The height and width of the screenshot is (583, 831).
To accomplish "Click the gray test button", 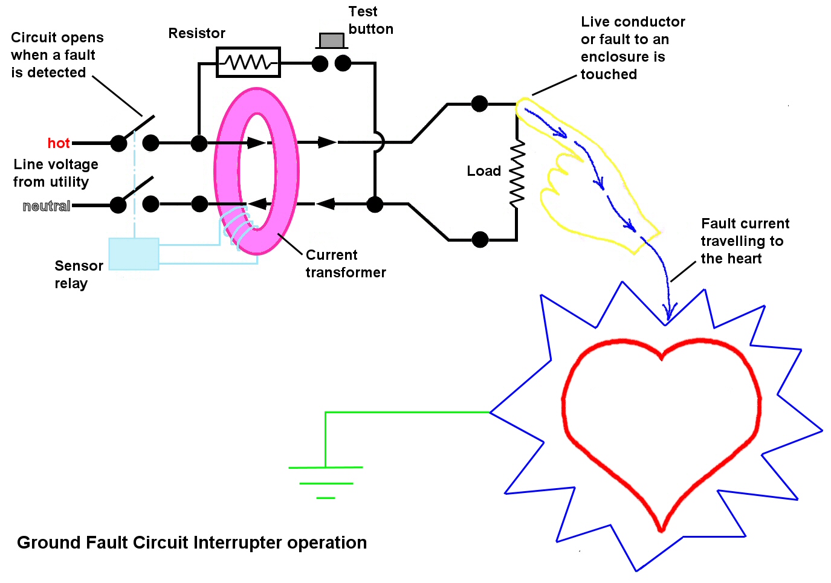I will point(331,40).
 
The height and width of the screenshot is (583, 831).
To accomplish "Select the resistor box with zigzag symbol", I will point(248,62).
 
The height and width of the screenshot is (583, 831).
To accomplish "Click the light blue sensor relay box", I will point(134,253).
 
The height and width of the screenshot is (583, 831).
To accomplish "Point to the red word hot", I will point(59,143).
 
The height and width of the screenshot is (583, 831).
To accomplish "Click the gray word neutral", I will point(47,206).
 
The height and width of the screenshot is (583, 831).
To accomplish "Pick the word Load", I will point(483,171).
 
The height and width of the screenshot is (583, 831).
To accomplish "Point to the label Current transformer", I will point(345,263).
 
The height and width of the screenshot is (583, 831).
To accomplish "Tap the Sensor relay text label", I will point(79,274).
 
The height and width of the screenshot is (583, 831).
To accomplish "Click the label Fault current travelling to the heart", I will point(745,241).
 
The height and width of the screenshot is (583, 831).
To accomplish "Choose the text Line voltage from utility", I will point(56,173).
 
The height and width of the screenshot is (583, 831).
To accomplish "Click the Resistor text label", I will point(196,33).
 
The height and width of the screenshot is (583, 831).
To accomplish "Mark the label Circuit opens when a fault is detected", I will point(57,55).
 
